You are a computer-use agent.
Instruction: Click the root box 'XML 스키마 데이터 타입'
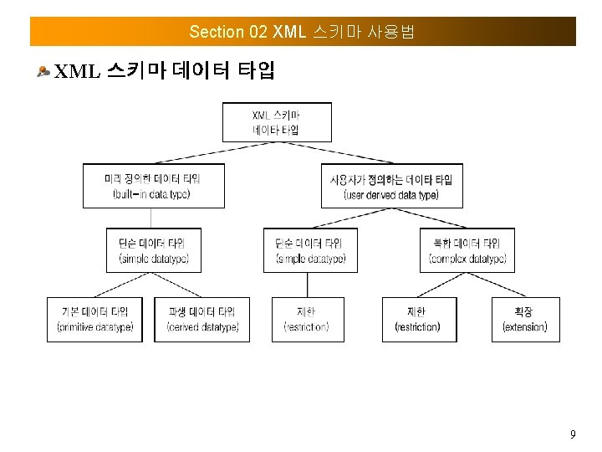coord(277,121)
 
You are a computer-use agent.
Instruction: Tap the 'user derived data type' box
coord(391,186)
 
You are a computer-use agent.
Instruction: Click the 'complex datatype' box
coord(467,250)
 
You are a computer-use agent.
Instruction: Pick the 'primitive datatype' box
coord(94,319)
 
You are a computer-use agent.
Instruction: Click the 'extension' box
coord(524,319)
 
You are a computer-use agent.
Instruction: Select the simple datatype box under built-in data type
coord(154,250)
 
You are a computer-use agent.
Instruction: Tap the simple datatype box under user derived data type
coord(310,250)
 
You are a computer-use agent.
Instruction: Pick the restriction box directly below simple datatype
coord(308,319)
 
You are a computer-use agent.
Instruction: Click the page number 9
coord(572,434)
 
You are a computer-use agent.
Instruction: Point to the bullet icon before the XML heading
coord(43,72)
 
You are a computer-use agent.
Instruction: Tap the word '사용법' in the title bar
coord(391,32)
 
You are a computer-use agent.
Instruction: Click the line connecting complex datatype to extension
coord(497,285)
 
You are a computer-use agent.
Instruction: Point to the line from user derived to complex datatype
coord(431,217)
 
